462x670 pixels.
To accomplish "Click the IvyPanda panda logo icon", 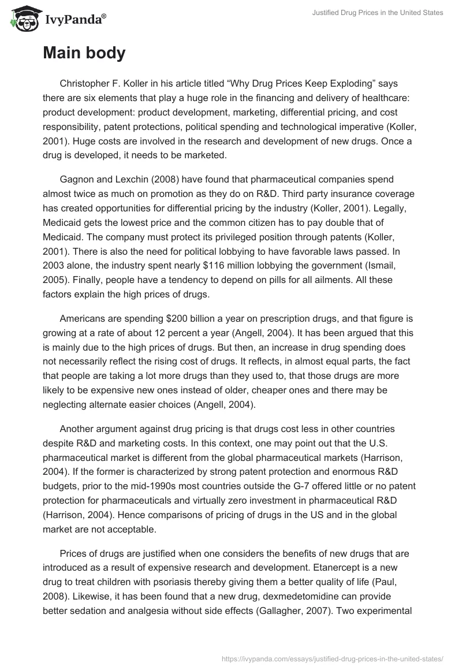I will pyautogui.click(x=23, y=18).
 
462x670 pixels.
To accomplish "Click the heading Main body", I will pyautogui.click(x=84, y=53).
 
